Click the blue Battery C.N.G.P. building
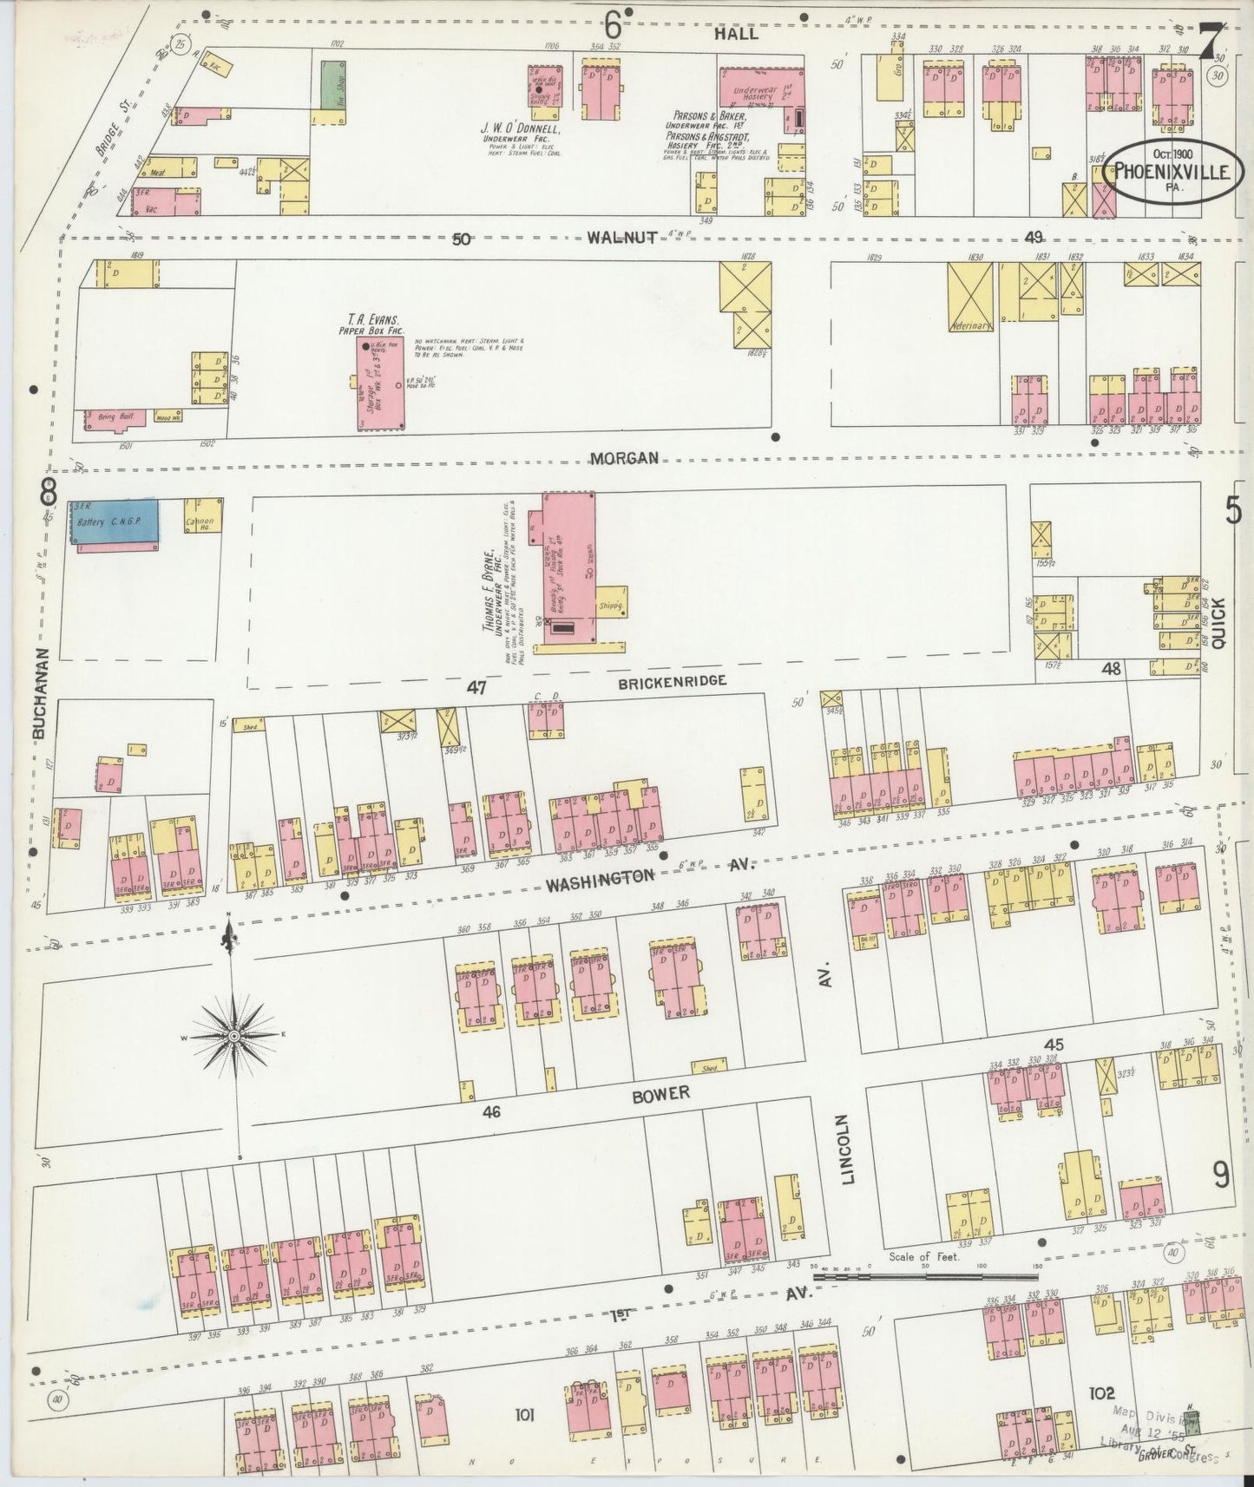pyautogui.click(x=115, y=522)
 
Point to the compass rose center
pyautogui.click(x=234, y=1036)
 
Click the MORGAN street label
pyautogui.click(x=624, y=457)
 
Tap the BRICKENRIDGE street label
pyautogui.click(x=673, y=682)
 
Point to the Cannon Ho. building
pyautogui.click(x=203, y=515)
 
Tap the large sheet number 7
pyautogui.click(x=1211, y=40)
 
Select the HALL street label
pyautogui.click(x=736, y=34)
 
